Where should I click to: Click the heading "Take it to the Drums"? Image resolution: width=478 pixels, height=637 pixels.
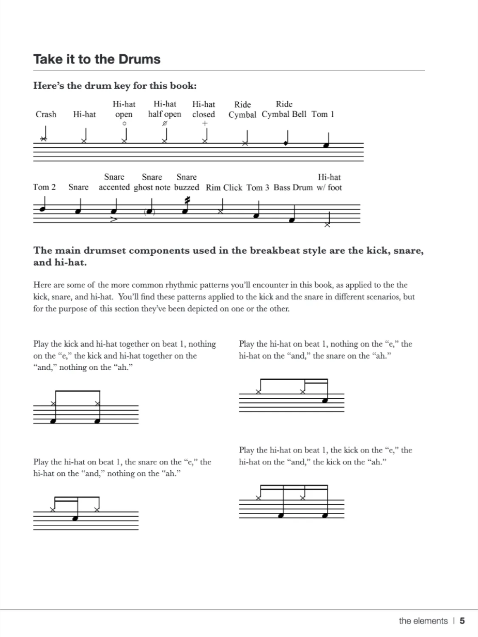click(x=97, y=59)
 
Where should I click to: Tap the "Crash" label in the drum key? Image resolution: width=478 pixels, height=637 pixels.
click(x=46, y=114)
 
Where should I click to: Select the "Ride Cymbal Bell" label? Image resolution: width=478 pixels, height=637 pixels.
click(x=284, y=114)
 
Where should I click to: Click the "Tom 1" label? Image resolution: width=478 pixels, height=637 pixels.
click(x=322, y=114)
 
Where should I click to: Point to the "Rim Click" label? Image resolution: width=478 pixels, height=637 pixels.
click(x=224, y=188)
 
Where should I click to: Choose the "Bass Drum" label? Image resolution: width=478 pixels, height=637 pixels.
click(x=293, y=188)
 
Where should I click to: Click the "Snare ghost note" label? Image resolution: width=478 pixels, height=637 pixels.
click(x=152, y=188)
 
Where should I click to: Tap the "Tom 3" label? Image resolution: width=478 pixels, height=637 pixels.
click(x=258, y=188)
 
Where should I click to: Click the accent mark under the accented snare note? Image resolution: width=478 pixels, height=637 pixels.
click(x=114, y=220)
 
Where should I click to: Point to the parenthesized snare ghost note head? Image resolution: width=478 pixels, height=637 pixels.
click(x=149, y=211)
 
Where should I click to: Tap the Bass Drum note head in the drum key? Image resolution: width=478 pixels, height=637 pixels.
click(x=291, y=220)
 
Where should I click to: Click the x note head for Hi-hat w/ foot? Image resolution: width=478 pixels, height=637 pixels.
click(x=327, y=225)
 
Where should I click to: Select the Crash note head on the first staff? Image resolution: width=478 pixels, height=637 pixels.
click(x=44, y=139)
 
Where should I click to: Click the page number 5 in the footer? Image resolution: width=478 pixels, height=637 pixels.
click(x=462, y=621)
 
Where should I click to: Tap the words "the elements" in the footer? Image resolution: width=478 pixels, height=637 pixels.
click(x=423, y=621)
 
